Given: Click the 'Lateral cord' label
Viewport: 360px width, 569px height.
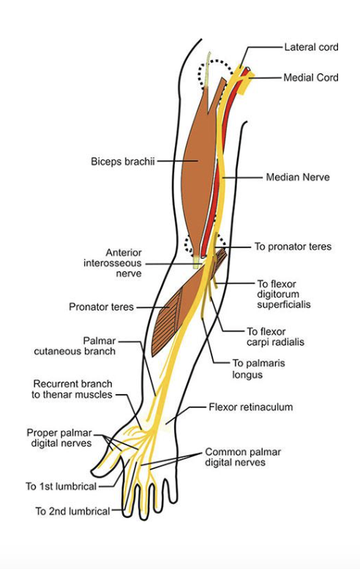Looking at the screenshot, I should pyautogui.click(x=311, y=48).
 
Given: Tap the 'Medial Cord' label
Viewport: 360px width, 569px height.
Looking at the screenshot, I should pyautogui.click(x=311, y=78).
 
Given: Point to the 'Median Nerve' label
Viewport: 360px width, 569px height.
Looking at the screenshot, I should pyautogui.click(x=298, y=177).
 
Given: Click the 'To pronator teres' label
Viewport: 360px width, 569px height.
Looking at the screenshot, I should pyautogui.click(x=293, y=246).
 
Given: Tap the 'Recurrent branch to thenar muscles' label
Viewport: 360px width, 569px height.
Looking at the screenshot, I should pyautogui.click(x=72, y=389).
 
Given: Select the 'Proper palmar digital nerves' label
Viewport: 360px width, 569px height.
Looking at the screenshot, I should pyautogui.click(x=59, y=437).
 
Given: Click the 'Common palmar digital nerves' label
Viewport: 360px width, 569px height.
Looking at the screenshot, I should pyautogui.click(x=244, y=456).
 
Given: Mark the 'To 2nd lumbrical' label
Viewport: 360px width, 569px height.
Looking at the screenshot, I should pyautogui.click(x=72, y=510).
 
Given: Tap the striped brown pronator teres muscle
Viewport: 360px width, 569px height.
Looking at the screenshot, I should pyautogui.click(x=176, y=314).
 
